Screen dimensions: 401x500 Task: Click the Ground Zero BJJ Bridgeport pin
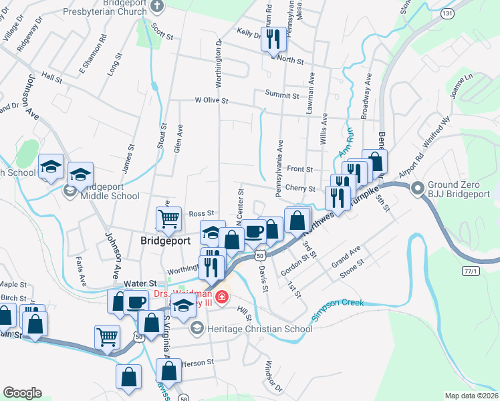tap(419, 189)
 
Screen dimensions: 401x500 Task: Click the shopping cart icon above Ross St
tap(168, 218)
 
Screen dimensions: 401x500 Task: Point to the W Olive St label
tap(211, 101)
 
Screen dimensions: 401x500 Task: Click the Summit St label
tap(281, 96)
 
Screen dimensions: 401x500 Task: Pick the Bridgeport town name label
tap(166, 240)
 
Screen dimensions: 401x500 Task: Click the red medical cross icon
tap(221, 295)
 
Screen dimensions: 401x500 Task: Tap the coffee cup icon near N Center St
tap(253, 231)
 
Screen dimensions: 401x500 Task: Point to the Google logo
tap(22, 393)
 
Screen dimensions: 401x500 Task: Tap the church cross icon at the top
tap(157, 7)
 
